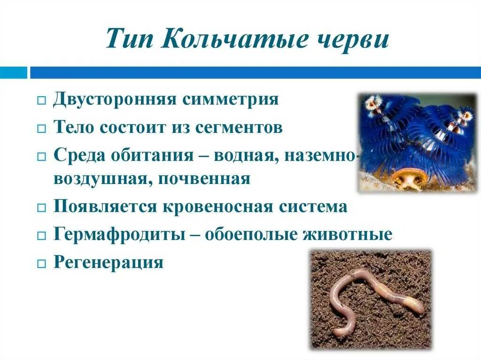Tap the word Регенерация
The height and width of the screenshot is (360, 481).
[x=109, y=262]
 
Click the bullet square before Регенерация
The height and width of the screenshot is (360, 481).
[x=41, y=263]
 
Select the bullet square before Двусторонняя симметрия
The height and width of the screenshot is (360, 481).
[x=41, y=101]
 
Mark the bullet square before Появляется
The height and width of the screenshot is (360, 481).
[x=41, y=208]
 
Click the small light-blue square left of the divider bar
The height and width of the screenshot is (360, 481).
[x=13, y=73]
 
